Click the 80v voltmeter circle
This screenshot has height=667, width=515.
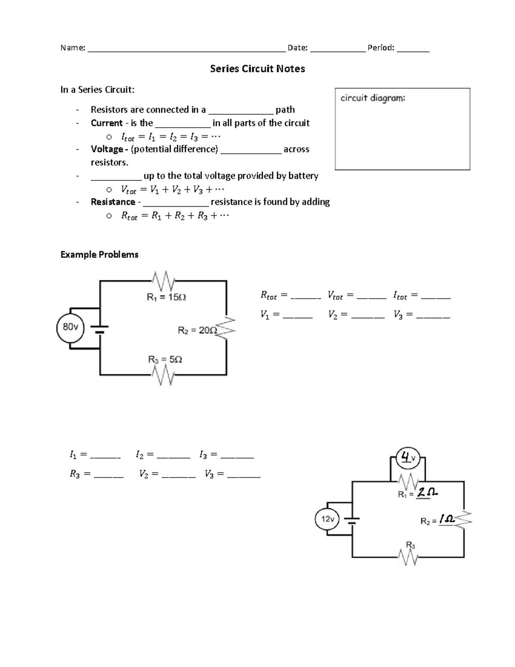pos(71,327)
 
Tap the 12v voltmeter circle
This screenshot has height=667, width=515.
pos(327,519)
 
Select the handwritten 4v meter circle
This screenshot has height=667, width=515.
pos(408,458)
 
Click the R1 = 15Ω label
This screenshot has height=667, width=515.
pos(166,297)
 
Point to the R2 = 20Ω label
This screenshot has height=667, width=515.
pos(197,330)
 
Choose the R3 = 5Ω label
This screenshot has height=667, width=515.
pos(165,359)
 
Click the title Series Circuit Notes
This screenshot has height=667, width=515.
pos(257,69)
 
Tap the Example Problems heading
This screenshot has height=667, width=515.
pos(99,255)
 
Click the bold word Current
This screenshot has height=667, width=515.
pos(107,123)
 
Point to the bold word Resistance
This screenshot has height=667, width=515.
pos(113,202)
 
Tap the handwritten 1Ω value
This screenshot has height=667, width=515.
pos(446,520)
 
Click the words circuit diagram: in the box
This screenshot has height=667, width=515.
pos(373,98)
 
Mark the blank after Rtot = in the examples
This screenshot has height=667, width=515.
pos(305,296)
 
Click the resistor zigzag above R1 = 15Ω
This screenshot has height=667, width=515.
pos(163,281)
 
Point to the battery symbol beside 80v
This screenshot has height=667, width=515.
pos(100,328)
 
